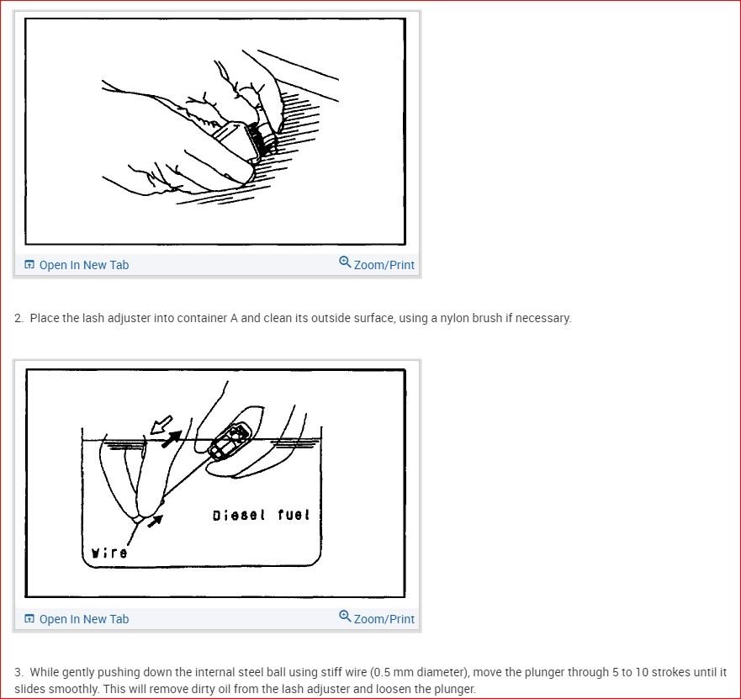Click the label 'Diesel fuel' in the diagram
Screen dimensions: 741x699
coord(261,515)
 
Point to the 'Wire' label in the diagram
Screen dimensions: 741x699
coord(109,553)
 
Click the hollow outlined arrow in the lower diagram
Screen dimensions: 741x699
coord(161,425)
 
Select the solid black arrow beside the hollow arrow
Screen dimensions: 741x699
coord(172,438)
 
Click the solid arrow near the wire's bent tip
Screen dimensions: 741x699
coord(156,521)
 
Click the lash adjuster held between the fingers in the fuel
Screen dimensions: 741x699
coord(230,441)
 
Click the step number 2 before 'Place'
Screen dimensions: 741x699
coord(19,318)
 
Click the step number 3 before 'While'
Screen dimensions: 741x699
coord(19,672)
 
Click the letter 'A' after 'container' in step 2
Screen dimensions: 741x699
coord(234,318)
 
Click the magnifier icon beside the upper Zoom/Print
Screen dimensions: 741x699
coord(345,262)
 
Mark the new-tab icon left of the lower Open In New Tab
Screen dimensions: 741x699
coord(29,618)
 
